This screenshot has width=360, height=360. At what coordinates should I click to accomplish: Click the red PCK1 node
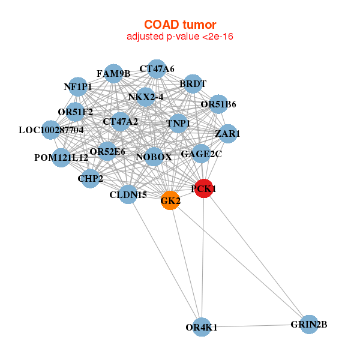(204, 188)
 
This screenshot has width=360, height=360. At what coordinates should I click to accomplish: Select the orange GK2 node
(170, 201)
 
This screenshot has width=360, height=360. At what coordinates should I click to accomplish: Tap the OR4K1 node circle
(202, 327)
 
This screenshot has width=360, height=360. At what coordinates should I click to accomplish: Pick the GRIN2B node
(308, 325)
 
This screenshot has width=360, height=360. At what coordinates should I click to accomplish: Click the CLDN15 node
(128, 194)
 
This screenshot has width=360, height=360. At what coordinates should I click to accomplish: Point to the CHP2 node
(90, 179)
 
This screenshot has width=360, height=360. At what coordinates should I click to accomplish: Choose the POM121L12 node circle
(61, 158)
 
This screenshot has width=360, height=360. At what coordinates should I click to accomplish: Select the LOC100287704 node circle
(51, 130)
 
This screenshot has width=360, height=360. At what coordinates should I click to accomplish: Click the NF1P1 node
(78, 87)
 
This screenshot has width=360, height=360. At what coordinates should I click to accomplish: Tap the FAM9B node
(113, 74)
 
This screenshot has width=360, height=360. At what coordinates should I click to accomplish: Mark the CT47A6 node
(157, 69)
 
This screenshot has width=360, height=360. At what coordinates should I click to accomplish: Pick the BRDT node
(193, 84)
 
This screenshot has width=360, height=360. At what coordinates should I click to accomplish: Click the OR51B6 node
(218, 104)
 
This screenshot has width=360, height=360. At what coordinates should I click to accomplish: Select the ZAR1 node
(227, 133)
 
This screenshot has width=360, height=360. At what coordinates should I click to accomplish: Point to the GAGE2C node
(201, 154)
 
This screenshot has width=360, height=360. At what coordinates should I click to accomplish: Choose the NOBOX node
(154, 157)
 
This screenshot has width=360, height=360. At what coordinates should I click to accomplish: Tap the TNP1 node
(178, 124)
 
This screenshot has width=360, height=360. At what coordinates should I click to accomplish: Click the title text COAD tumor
(179, 25)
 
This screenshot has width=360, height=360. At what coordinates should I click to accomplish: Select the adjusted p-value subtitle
(179, 37)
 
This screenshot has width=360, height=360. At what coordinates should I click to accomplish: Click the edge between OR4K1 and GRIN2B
(255, 326)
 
